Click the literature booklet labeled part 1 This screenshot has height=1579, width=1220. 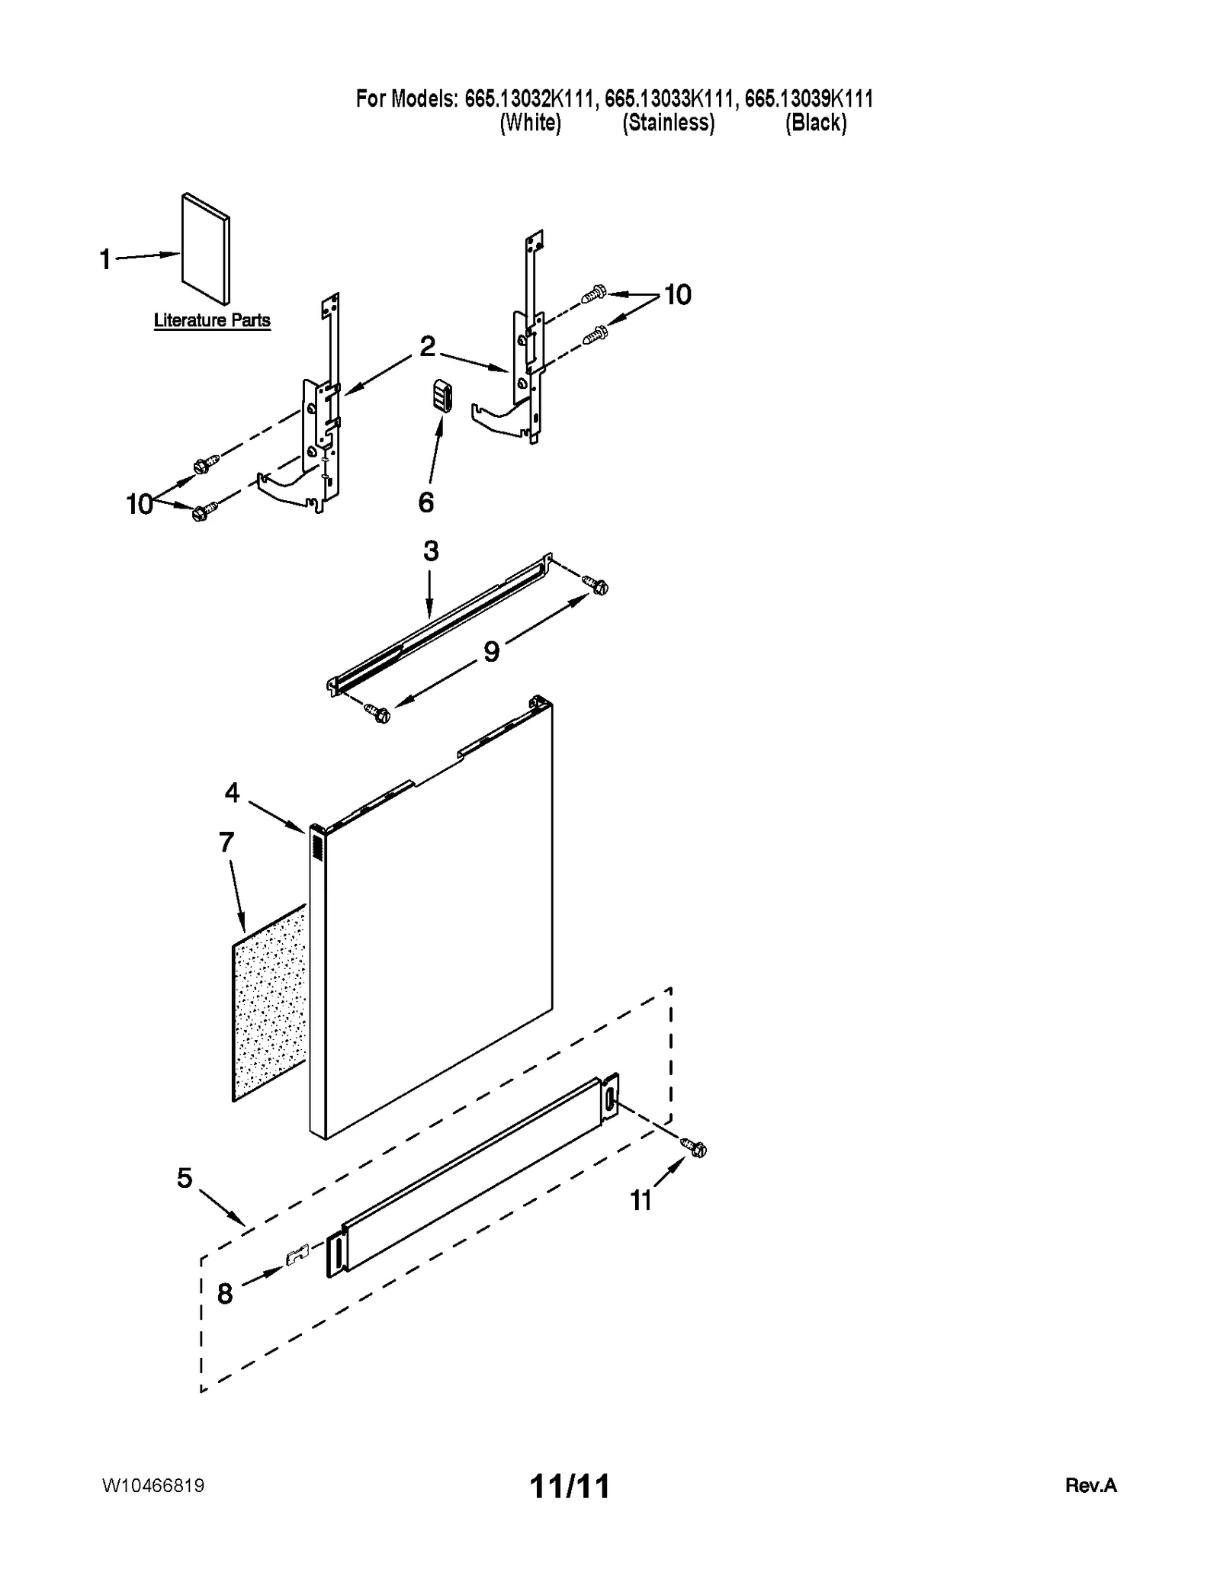coord(204,249)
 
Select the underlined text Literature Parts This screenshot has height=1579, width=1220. coord(212,320)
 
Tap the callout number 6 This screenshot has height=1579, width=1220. coord(426,502)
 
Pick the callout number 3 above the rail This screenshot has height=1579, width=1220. coord(431,551)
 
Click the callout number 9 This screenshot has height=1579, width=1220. coord(492,652)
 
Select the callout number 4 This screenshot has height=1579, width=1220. coord(232,793)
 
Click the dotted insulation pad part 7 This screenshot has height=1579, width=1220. coord(269,1003)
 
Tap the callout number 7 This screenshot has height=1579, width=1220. coord(226,842)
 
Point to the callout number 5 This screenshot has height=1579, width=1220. coord(185,1178)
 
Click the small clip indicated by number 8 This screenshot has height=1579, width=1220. coord(297,1256)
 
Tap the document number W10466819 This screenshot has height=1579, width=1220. coord(153,1486)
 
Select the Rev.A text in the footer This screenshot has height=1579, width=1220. coord(1090,1486)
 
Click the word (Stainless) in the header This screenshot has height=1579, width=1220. coord(669,123)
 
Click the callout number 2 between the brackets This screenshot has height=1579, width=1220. coord(427,347)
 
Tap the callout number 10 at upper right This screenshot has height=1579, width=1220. coord(677,294)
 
